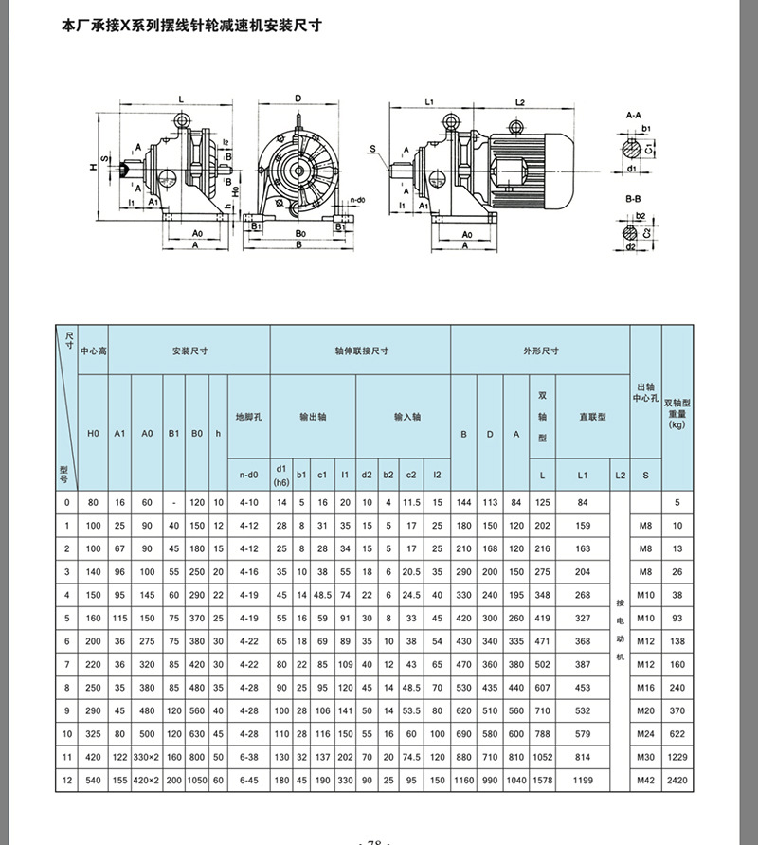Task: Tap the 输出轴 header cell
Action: [313, 416]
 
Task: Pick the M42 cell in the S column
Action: [645, 780]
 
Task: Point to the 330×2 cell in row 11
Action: [147, 757]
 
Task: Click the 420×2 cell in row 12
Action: [147, 780]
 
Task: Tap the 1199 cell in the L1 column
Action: [583, 780]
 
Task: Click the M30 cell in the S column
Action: [645, 757]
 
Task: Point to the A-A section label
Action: [634, 113]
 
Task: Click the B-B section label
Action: [634, 202]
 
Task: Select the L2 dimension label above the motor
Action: [519, 100]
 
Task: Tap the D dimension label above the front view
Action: [297, 98]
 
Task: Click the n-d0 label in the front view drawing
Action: [357, 201]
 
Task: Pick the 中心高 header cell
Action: [94, 351]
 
